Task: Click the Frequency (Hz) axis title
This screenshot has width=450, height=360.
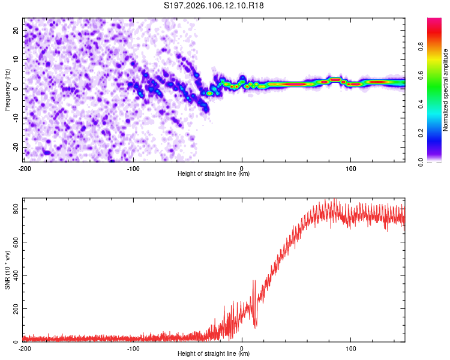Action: pyautogui.click(x=7, y=89)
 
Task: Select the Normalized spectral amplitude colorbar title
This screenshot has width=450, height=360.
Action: pyautogui.click(x=446, y=89)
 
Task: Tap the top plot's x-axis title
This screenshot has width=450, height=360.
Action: pyautogui.click(x=214, y=173)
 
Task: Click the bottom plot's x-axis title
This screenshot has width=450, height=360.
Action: pyautogui.click(x=214, y=353)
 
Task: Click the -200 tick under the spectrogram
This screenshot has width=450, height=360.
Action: pyautogui.click(x=25, y=167)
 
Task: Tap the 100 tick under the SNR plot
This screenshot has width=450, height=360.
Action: pyautogui.click(x=350, y=347)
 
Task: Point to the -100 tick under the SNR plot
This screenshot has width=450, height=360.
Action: pyautogui.click(x=133, y=347)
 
